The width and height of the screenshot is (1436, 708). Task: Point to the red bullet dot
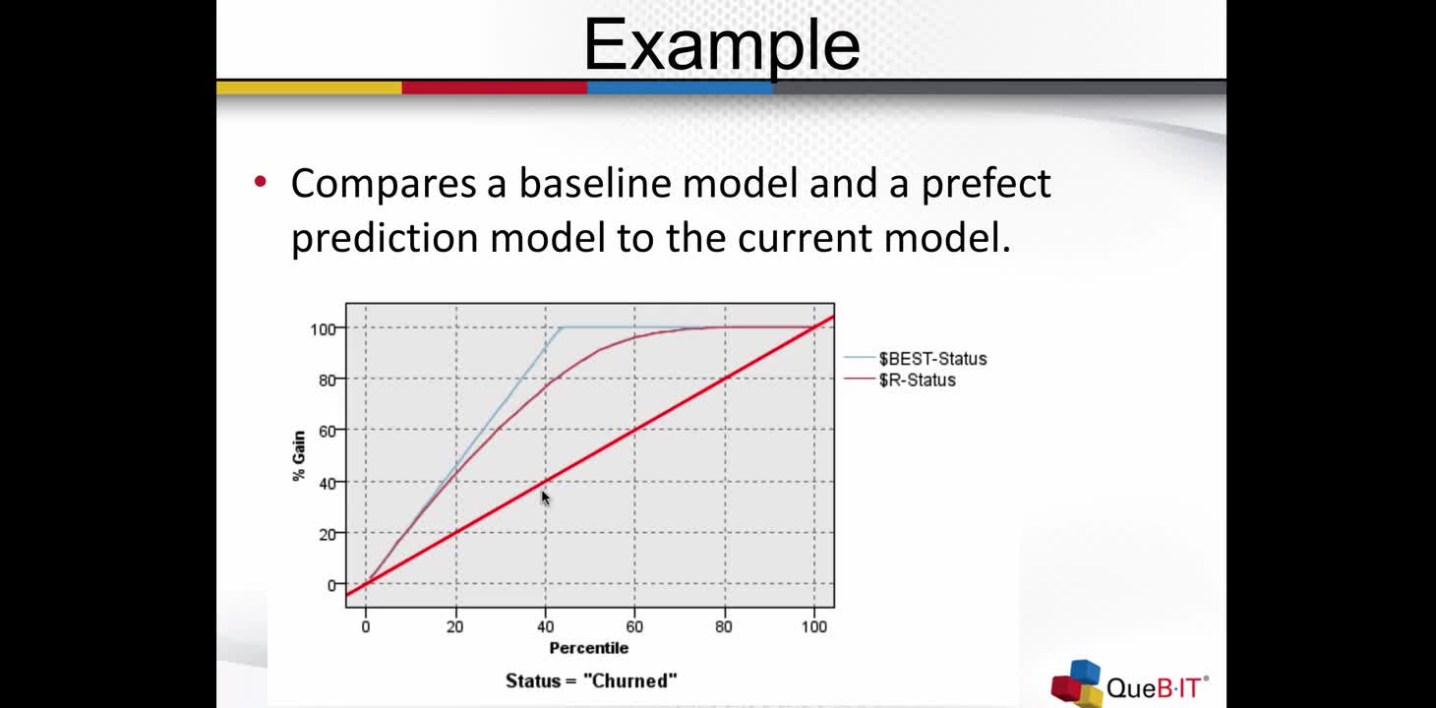coord(261,182)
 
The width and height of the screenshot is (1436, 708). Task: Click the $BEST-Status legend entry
coord(916,358)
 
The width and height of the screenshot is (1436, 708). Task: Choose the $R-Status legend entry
coord(900,380)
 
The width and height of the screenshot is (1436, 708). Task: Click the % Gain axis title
coord(299,455)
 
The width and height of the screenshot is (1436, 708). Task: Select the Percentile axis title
coord(588,648)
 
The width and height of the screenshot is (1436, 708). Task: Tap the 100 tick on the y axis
coord(323,329)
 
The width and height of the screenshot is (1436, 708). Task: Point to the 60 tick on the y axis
coord(327,432)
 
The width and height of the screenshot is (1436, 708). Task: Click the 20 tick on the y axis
coord(327,534)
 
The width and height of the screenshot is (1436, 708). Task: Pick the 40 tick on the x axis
coord(546,626)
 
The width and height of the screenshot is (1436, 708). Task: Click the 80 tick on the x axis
coord(725,626)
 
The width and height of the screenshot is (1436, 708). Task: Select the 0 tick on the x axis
coord(366,626)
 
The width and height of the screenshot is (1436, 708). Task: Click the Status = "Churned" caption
coord(591,680)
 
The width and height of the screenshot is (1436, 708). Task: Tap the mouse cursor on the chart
coord(545,498)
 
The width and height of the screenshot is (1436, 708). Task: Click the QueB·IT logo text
coord(1157,687)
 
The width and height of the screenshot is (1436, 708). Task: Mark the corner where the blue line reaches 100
coord(561,327)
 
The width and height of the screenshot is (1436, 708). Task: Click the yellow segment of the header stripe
coord(309,88)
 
